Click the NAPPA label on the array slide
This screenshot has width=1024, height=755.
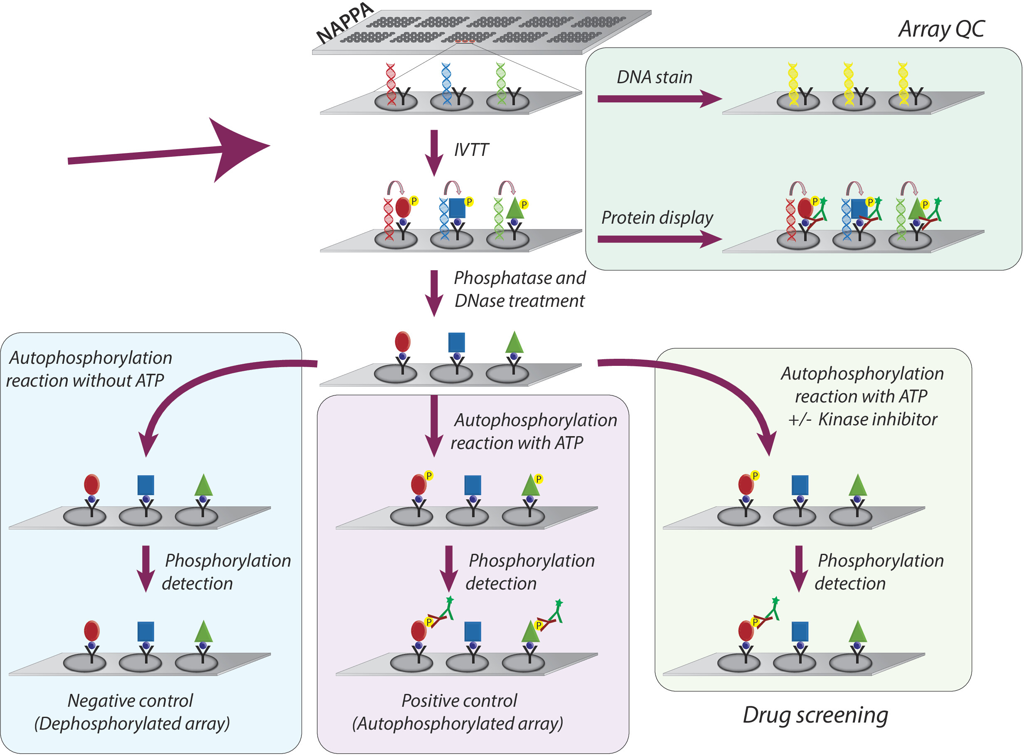coord(345,23)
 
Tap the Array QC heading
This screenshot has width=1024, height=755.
coord(941,29)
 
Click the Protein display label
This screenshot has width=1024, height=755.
coord(657,217)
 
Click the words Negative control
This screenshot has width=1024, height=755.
coord(130,701)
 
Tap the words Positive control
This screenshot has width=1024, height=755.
coord(459,701)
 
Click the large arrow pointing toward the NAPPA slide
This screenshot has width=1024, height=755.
coord(169,151)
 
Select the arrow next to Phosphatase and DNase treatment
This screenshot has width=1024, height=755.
coord(434,293)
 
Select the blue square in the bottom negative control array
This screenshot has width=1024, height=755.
coord(146,631)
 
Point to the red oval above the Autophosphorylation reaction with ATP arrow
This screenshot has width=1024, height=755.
coord(402,341)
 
